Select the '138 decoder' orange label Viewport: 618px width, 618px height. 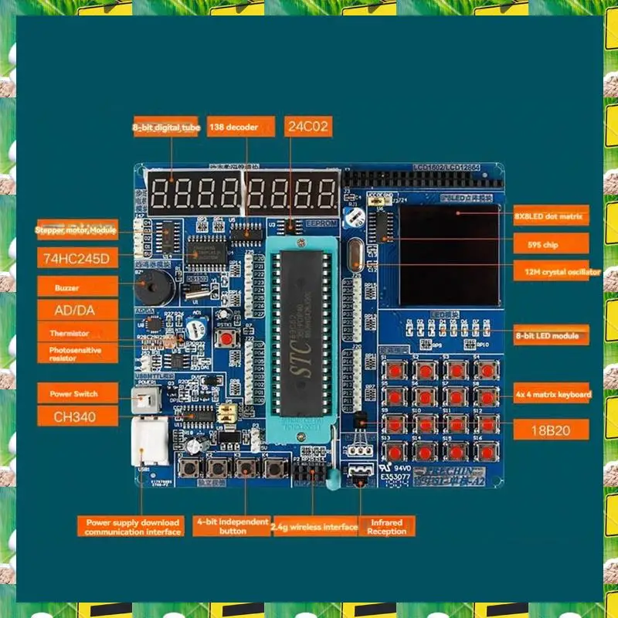[240, 127]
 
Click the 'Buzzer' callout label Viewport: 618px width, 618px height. [77, 287]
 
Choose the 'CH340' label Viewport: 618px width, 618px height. [77, 417]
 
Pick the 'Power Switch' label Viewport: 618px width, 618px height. [77, 393]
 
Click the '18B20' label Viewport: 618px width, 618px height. [550, 430]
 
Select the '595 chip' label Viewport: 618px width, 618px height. [550, 245]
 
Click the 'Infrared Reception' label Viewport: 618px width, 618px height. [387, 527]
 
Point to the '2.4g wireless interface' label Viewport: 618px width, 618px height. [314, 527]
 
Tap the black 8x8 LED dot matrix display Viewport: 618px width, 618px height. [449, 255]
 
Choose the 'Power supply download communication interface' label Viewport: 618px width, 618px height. [133, 527]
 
